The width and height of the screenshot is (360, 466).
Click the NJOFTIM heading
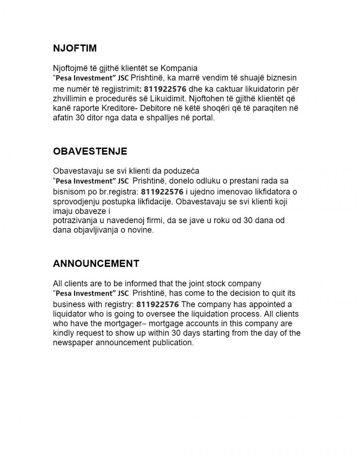[x=75, y=48]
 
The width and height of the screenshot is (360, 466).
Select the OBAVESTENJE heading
[x=90, y=151]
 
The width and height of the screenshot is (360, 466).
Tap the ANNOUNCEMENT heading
[x=96, y=264]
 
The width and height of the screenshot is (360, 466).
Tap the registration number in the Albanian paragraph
[x=164, y=88]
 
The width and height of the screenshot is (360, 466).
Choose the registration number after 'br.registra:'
[x=162, y=192]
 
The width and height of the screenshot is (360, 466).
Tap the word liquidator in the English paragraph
[x=69, y=314]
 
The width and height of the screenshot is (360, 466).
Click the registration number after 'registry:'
[x=158, y=304]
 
